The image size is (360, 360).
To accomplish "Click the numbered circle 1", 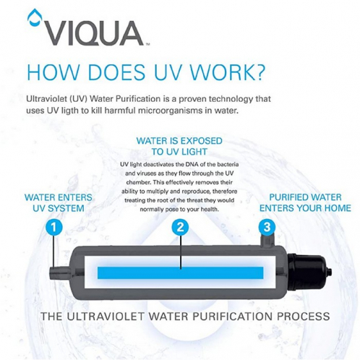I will (x=52, y=226).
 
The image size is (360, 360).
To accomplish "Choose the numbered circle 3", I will (x=267, y=226).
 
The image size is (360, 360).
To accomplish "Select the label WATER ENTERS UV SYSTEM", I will (x=54, y=202).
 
